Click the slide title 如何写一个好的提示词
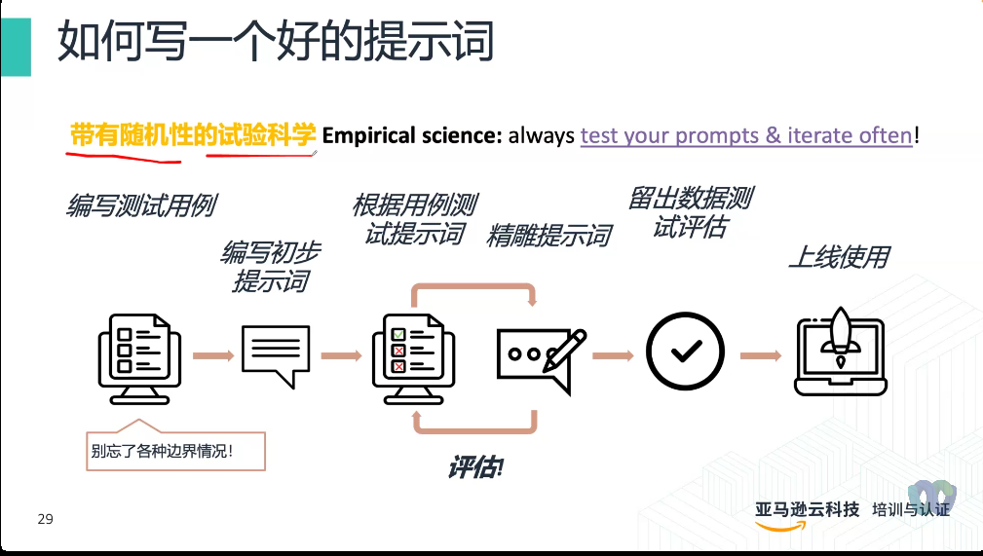(x=276, y=41)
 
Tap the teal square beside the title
(x=17, y=47)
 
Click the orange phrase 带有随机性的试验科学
(x=193, y=134)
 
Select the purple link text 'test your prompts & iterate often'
(x=746, y=135)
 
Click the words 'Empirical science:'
(x=412, y=135)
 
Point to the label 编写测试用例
(x=141, y=205)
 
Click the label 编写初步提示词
(x=271, y=267)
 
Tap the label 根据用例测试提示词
(x=415, y=219)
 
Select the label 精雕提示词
(x=549, y=236)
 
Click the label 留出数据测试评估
(x=690, y=212)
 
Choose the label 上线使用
(x=840, y=257)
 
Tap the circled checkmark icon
(x=685, y=351)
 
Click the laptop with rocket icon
(x=841, y=352)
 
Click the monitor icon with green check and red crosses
(x=414, y=358)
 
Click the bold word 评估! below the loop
(x=475, y=467)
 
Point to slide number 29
(x=45, y=519)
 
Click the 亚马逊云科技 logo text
(x=807, y=509)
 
